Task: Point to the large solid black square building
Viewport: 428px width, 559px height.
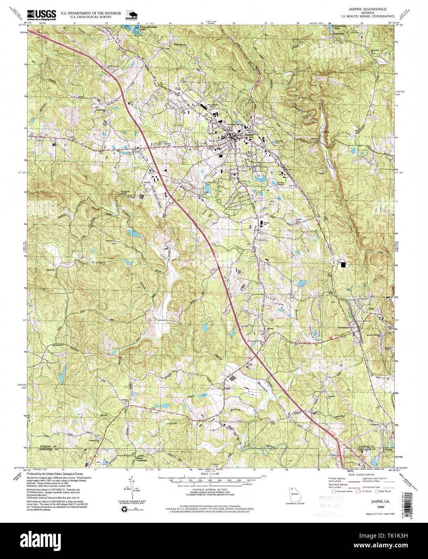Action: pyautogui.click(x=343, y=264)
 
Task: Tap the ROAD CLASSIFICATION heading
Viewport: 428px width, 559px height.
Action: pyautogui.click(x=359, y=475)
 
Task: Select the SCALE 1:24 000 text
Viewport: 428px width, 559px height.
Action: pyautogui.click(x=210, y=474)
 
